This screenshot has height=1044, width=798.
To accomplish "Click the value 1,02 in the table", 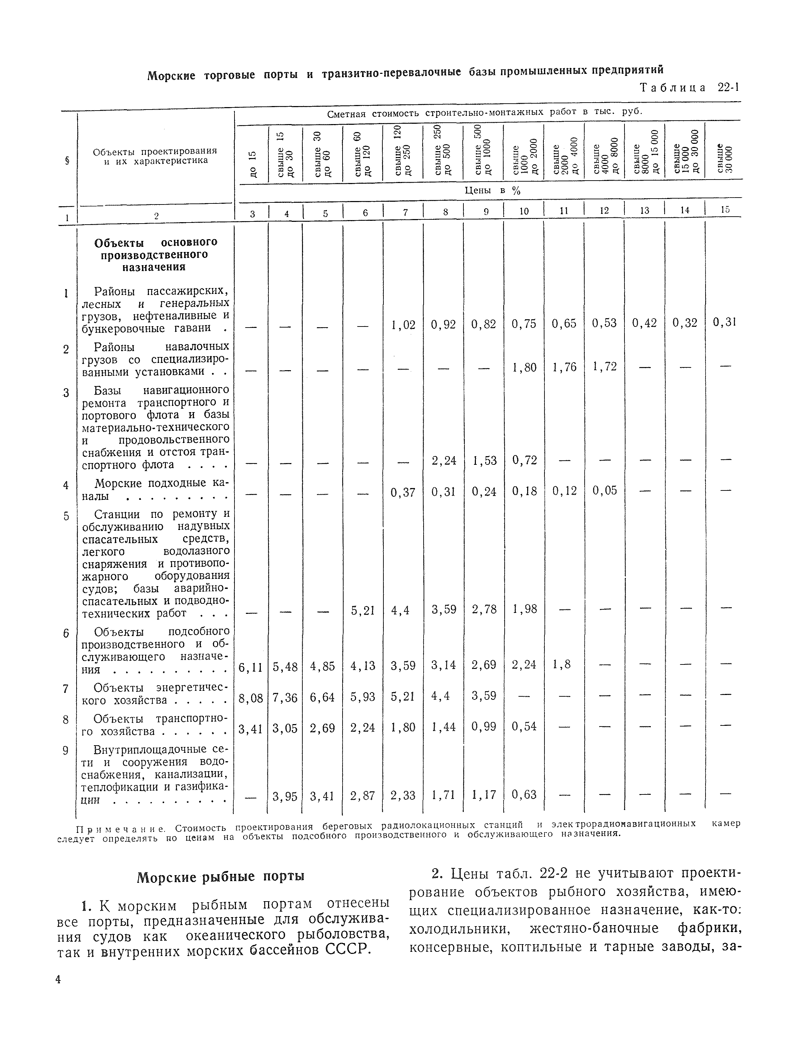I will click(403, 325).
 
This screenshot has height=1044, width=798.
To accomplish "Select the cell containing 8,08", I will click(250, 697).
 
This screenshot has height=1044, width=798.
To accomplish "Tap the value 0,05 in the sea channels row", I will click(604, 490).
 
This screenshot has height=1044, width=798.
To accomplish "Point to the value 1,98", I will click(524, 609).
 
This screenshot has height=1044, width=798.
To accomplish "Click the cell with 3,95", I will click(285, 795).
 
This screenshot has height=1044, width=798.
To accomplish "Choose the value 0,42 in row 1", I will click(644, 323).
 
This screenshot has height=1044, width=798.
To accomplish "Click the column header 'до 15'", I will click(253, 164).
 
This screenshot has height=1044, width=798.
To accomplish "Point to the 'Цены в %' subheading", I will click(492, 191).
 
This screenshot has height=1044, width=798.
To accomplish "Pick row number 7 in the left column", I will click(66, 688).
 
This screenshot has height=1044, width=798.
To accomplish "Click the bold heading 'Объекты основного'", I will click(155, 243).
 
